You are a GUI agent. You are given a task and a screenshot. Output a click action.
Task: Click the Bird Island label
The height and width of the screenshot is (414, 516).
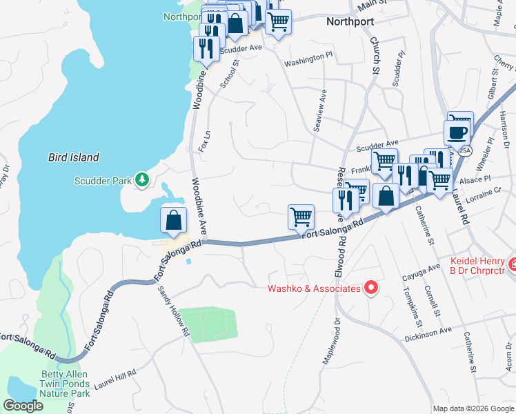(x=73, y=157)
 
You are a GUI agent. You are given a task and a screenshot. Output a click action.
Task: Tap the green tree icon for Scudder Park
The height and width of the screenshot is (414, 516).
(x=142, y=180)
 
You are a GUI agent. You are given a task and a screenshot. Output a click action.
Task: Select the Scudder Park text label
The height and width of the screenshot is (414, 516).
(x=103, y=181)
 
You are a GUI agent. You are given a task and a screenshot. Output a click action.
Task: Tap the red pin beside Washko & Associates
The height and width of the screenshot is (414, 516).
(x=370, y=287)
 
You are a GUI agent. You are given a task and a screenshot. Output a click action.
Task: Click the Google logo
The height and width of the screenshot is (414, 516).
(x=24, y=406)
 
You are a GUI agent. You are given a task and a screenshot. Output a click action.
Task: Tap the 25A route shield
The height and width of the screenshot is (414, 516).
(x=466, y=150)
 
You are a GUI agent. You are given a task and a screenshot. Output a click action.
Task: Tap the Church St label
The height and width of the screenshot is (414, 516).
(x=376, y=56)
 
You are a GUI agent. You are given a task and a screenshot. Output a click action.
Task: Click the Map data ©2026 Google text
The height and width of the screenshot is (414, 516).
(x=474, y=408)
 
